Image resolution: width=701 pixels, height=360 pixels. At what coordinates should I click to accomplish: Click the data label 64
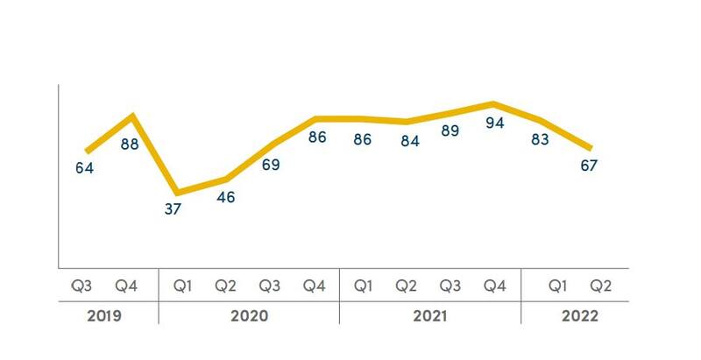(x=84, y=167)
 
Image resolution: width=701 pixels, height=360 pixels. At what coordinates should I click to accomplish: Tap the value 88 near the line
(x=130, y=144)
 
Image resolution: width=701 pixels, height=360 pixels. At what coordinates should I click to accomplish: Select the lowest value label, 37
(x=173, y=209)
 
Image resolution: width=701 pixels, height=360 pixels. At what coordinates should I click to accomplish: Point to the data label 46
(x=226, y=197)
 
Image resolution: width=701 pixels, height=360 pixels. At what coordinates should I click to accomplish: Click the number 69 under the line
(x=271, y=164)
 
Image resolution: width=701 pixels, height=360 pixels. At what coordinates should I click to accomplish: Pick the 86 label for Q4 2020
(x=317, y=138)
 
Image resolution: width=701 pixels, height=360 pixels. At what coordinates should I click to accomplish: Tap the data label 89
(x=450, y=131)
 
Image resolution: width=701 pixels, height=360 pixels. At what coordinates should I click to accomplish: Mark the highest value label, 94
(x=495, y=124)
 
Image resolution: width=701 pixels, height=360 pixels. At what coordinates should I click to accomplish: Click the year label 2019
(x=103, y=316)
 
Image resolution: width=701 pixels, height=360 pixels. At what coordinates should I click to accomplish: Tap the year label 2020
(x=249, y=316)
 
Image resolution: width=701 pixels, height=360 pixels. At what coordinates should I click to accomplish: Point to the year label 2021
(x=429, y=316)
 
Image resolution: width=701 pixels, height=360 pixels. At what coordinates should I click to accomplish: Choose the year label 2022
(x=578, y=316)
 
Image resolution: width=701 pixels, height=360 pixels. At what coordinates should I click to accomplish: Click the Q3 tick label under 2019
(x=81, y=286)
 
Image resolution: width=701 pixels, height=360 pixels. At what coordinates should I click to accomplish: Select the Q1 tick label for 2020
(x=182, y=286)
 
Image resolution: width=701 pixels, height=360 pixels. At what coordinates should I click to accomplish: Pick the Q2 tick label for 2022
(x=600, y=286)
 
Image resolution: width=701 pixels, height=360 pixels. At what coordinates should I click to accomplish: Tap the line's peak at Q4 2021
(x=494, y=104)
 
